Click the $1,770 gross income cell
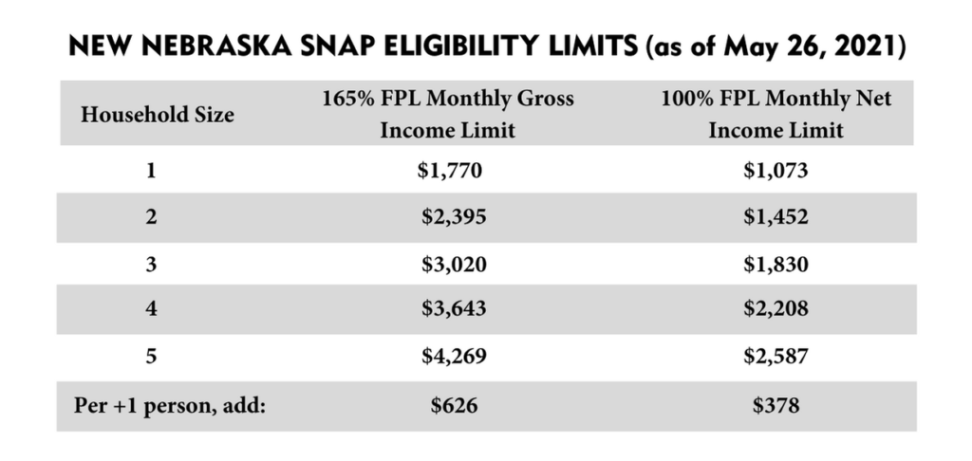point(451,172)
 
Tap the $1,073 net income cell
point(776,172)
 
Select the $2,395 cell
point(453,218)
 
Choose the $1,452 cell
point(776,218)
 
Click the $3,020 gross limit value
point(453,265)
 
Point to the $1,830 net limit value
point(776,265)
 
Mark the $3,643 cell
point(453,310)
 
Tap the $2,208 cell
point(776,310)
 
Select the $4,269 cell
point(453,358)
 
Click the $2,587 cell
point(776,358)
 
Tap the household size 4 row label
point(150,310)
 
